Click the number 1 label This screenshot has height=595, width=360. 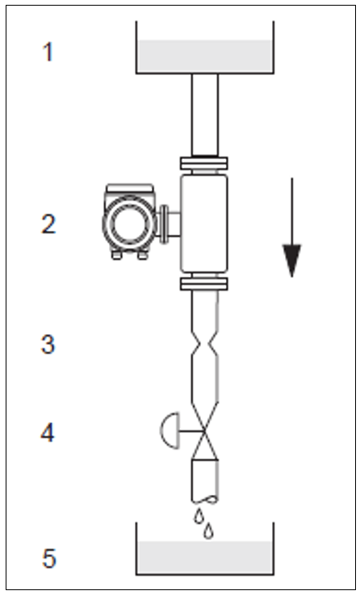click(x=48, y=52)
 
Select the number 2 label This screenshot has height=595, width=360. click(x=48, y=224)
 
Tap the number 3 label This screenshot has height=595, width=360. click(x=48, y=345)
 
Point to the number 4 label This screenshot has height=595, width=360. click(x=48, y=433)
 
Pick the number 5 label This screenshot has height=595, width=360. click(x=48, y=558)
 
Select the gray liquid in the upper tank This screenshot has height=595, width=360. click(x=205, y=56)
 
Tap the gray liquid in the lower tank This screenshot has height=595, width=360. click(x=205, y=557)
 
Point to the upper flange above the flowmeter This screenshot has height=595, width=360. click(x=204, y=164)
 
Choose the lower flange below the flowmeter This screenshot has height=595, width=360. click(x=204, y=284)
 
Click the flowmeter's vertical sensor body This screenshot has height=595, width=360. click(x=204, y=224)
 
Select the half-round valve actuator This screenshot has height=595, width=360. click(x=170, y=430)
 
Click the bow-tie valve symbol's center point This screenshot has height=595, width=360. click(x=205, y=430)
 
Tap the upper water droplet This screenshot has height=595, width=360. click(x=199, y=516)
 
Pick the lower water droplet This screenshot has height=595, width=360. click(x=208, y=531)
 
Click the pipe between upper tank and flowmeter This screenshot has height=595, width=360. click(x=205, y=115)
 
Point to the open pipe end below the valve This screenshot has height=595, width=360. click(x=205, y=500)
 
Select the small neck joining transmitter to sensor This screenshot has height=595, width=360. click(x=170, y=224)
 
